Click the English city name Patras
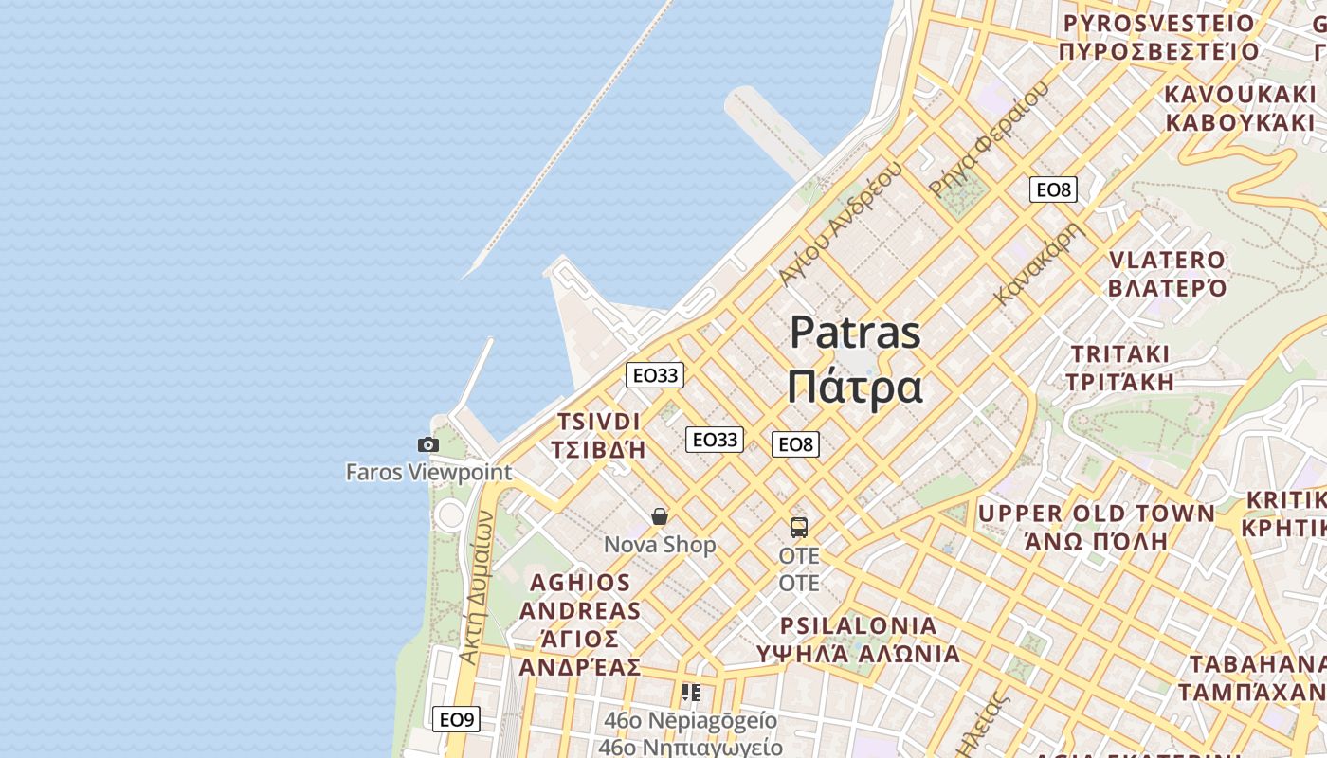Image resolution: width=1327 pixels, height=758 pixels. coord(855,333)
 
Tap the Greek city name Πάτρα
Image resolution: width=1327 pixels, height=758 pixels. coord(855,387)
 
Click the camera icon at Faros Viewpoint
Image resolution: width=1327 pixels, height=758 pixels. coord(428,444)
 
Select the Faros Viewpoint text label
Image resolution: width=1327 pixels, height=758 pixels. coord(428,472)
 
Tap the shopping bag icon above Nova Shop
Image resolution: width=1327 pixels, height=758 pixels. coord(660,516)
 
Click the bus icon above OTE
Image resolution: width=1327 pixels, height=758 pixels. coord(799,528)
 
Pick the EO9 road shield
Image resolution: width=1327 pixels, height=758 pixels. coord(456,719)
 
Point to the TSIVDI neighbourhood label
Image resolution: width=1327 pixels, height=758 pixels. coord(599,422)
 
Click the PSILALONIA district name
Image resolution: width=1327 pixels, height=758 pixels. coord(859,625)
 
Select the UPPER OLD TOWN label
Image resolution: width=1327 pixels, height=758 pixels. coord(1096,514)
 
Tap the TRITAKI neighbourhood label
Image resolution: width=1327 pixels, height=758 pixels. coord(1120,353)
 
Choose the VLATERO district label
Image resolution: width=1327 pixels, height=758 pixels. coord(1167,260)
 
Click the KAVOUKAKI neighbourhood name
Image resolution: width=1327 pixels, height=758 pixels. coord(1240,95)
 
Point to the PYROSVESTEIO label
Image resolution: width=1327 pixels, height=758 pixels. coord(1158,23)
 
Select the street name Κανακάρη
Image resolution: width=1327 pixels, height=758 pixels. coord(1039,262)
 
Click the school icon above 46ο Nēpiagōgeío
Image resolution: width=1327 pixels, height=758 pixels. coord(691,693)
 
